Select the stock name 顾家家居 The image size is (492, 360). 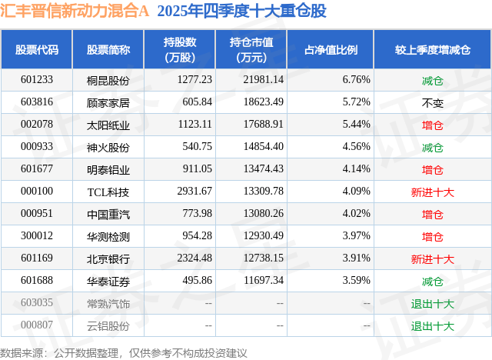coord(108,102)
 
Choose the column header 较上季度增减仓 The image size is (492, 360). coord(432,50)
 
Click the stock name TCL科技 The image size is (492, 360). coord(107,192)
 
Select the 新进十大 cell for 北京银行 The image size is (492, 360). coord(432,259)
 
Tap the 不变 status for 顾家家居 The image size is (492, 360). coord(432,102)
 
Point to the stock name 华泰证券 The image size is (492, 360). coord(108,282)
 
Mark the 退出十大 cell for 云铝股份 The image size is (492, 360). coord(432,326)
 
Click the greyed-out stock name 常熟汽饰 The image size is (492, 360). coord(108,304)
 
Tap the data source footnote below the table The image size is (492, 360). coord(124,352)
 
